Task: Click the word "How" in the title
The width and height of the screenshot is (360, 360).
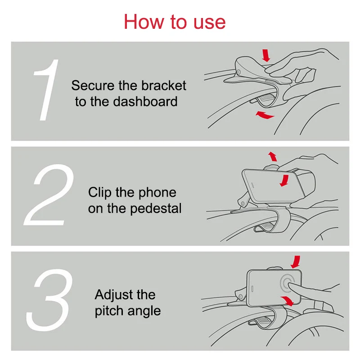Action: click(x=144, y=22)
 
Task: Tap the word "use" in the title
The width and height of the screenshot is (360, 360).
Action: click(x=209, y=24)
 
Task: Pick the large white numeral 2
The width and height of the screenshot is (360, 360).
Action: click(x=49, y=195)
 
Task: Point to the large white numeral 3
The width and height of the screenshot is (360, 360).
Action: click(x=49, y=300)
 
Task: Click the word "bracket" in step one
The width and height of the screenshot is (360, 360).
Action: click(x=163, y=85)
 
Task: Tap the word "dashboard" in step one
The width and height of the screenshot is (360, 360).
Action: click(x=145, y=102)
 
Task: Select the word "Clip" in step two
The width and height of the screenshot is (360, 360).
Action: click(x=100, y=193)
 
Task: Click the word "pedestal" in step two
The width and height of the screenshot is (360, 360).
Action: click(x=156, y=209)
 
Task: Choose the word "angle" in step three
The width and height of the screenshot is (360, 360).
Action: click(x=144, y=311)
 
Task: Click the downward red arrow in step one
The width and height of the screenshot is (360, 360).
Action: click(x=266, y=55)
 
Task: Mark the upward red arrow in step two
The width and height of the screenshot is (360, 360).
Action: click(x=273, y=156)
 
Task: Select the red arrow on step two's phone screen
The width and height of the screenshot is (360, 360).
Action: click(x=285, y=181)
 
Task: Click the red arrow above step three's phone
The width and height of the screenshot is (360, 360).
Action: click(x=296, y=262)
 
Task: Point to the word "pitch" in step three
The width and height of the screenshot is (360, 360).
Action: click(x=109, y=311)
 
